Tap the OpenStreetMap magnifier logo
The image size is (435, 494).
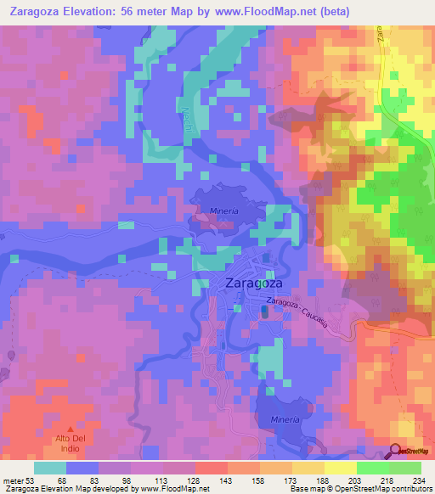coord(397,452)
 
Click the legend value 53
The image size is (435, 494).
coord(32,478)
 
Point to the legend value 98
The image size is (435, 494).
coord(129,478)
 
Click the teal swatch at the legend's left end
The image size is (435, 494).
coord(50,467)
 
